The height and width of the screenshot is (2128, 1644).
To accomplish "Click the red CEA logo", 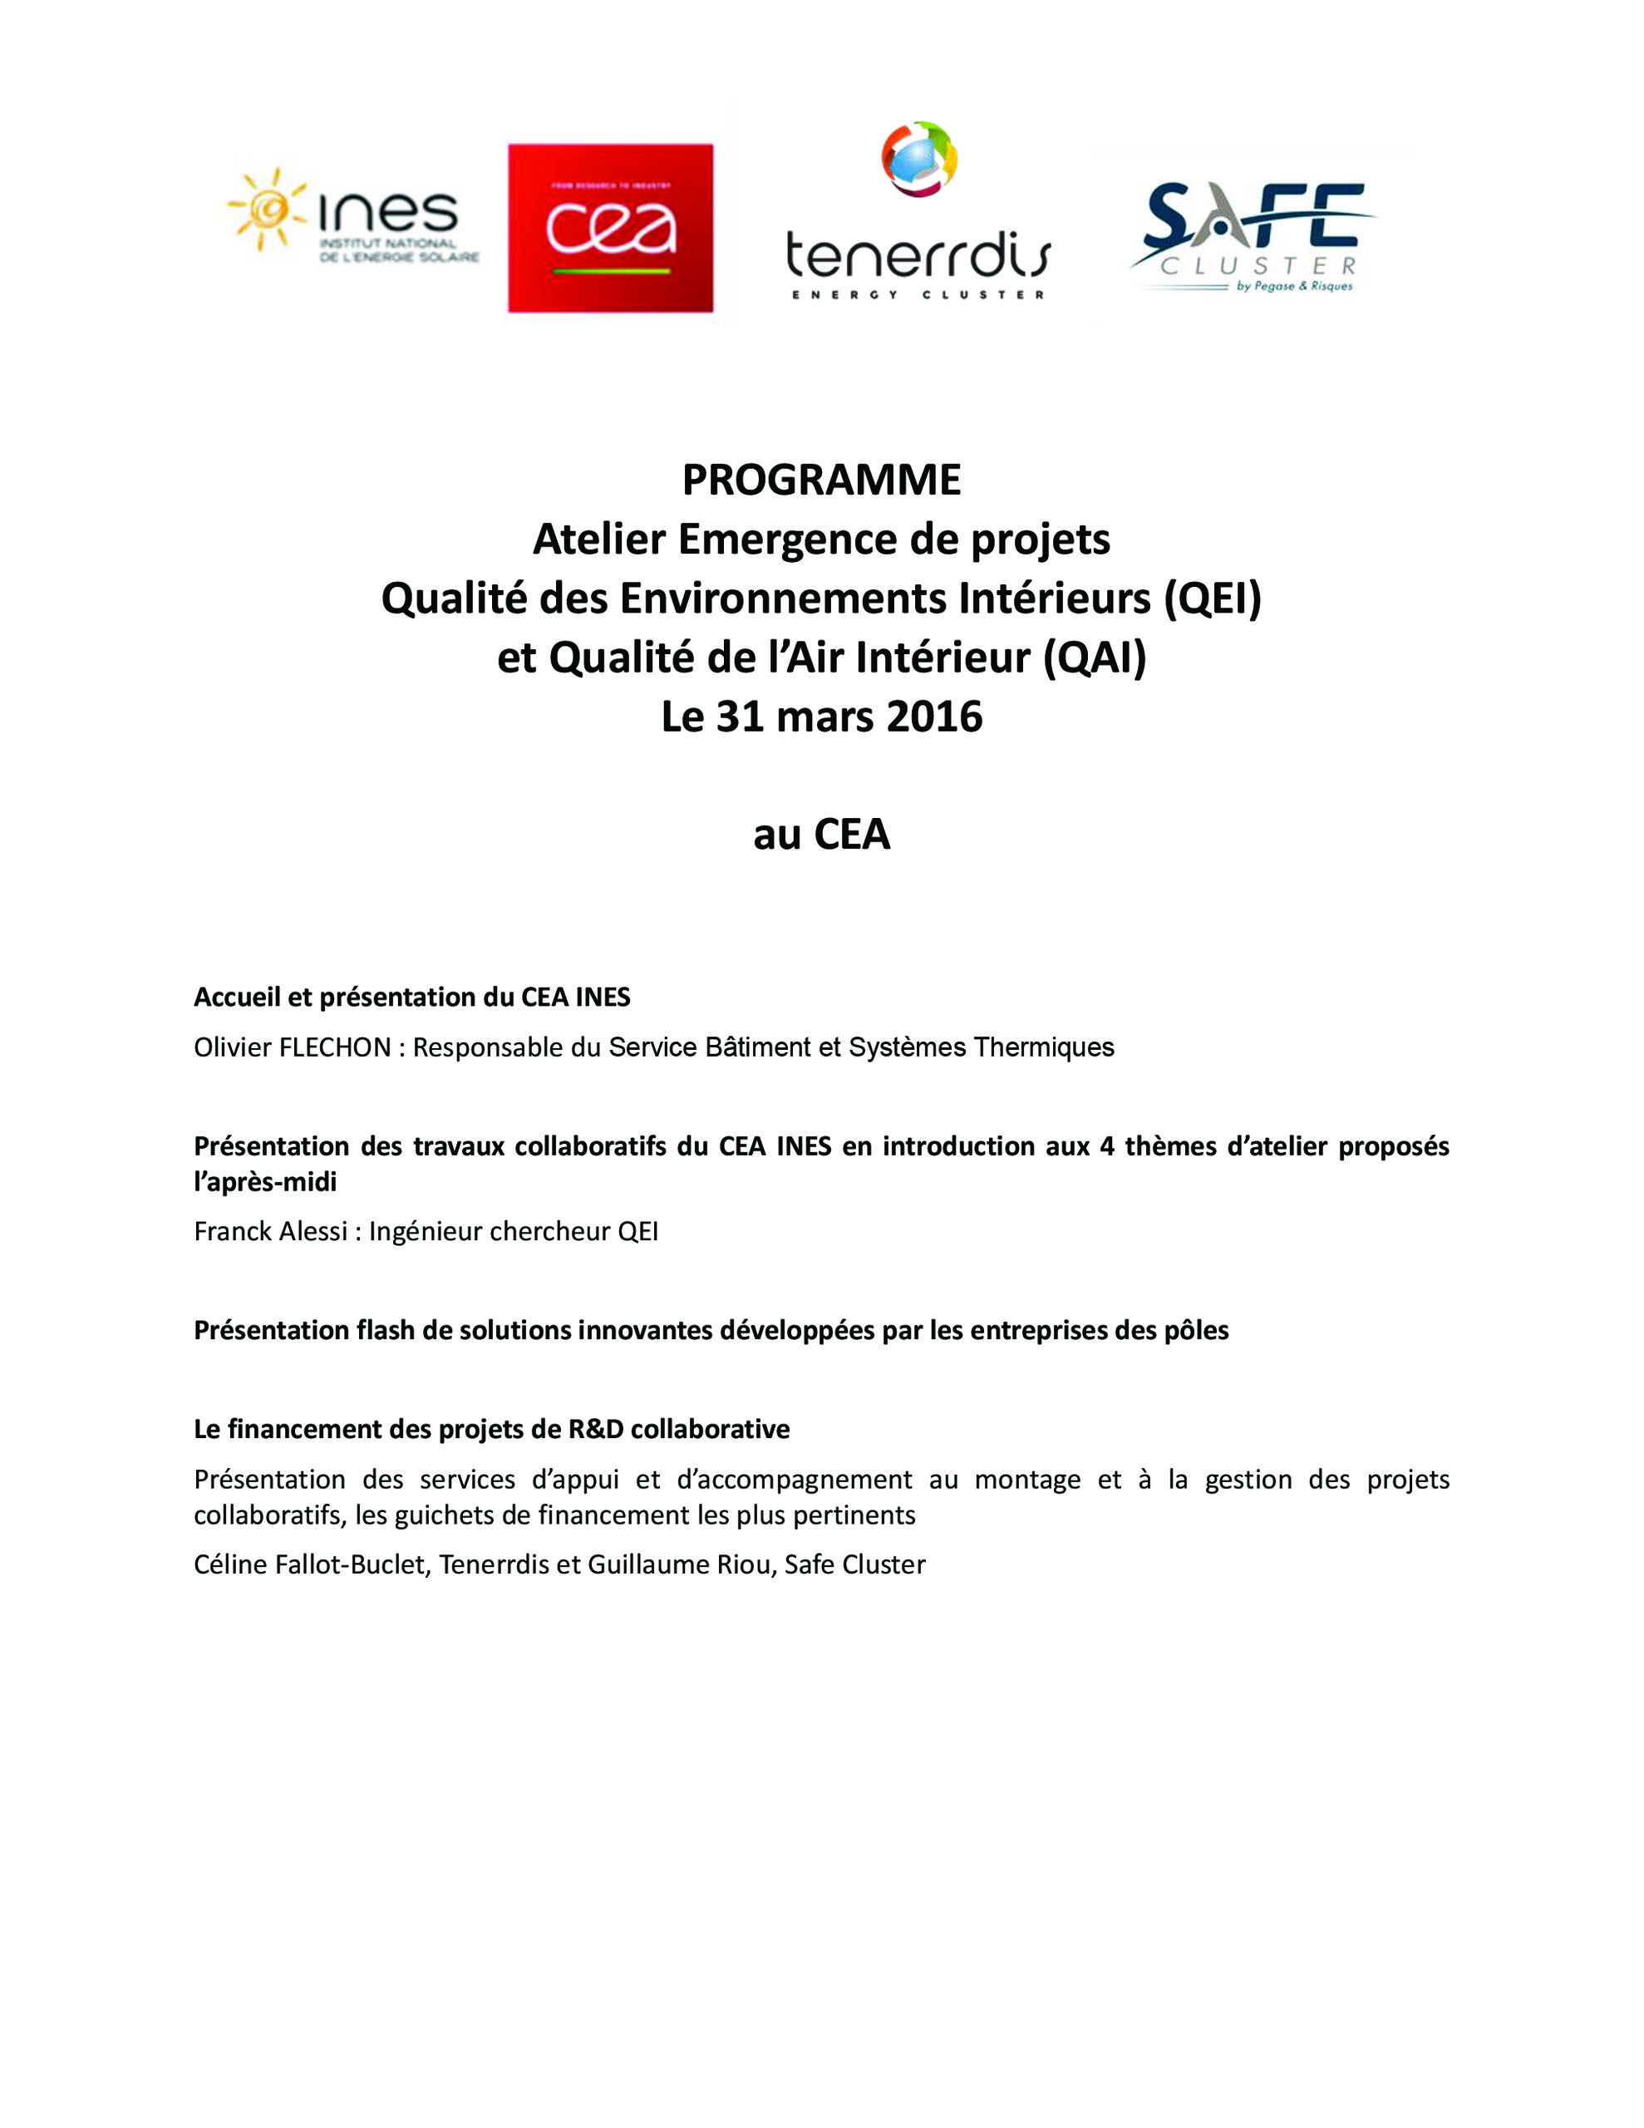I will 610,228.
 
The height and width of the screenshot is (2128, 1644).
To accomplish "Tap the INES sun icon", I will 264,209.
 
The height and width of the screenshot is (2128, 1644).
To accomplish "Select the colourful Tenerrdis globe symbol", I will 919,158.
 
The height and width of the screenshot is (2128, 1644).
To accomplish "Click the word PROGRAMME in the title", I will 821,480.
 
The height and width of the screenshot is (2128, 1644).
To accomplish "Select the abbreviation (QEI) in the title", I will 1213,598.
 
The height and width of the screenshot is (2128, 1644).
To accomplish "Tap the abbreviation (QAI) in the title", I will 1095,658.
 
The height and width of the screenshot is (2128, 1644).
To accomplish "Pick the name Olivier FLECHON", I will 293,1047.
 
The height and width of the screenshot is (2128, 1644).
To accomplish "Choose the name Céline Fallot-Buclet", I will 310,1564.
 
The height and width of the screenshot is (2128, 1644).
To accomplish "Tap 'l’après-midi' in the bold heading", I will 265,1183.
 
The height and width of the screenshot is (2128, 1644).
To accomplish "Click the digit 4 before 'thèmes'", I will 1107,1147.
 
